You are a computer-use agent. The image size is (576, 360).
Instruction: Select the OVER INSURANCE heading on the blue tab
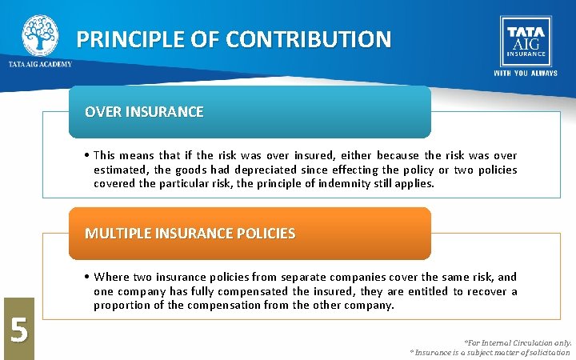pos(144,112)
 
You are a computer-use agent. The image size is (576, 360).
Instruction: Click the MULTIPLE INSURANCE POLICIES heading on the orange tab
pos(190,234)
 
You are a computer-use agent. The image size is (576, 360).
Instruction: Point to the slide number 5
pos(17,329)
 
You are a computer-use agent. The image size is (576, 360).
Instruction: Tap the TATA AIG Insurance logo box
pos(524,41)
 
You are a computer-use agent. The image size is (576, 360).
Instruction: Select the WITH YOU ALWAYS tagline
pos(525,73)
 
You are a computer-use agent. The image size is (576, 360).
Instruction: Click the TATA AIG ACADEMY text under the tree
pos(40,64)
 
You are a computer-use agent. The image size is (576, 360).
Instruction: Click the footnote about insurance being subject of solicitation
pos(490,352)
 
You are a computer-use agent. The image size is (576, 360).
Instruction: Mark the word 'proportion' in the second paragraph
pos(121,306)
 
